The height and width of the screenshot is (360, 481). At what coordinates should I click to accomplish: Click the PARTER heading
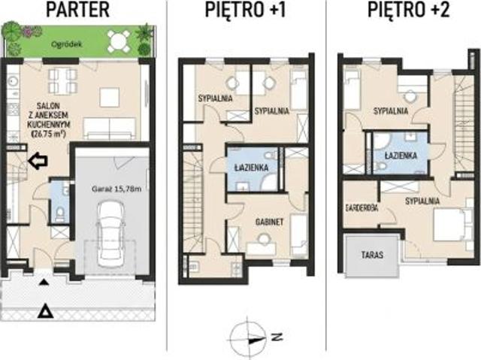[78, 10]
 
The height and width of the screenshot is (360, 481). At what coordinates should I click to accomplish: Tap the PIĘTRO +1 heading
[246, 10]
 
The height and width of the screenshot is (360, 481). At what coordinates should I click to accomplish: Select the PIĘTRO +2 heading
[409, 10]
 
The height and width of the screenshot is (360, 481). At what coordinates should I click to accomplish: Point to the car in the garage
[110, 234]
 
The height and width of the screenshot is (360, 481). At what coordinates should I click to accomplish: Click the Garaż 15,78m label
[116, 189]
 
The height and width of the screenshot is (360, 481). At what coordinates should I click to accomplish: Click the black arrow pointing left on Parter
[38, 160]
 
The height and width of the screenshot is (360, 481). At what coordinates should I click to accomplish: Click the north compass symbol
[249, 338]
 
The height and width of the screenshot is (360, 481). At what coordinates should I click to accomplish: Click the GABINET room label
[269, 222]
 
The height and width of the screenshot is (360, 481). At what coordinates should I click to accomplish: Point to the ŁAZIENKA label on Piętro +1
[251, 168]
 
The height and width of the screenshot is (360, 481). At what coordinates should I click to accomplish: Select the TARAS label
[372, 255]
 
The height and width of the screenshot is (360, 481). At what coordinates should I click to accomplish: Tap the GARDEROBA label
[362, 208]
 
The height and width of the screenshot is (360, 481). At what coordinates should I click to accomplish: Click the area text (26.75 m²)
[49, 134]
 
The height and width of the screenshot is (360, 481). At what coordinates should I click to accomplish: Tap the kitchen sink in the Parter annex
[13, 81]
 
